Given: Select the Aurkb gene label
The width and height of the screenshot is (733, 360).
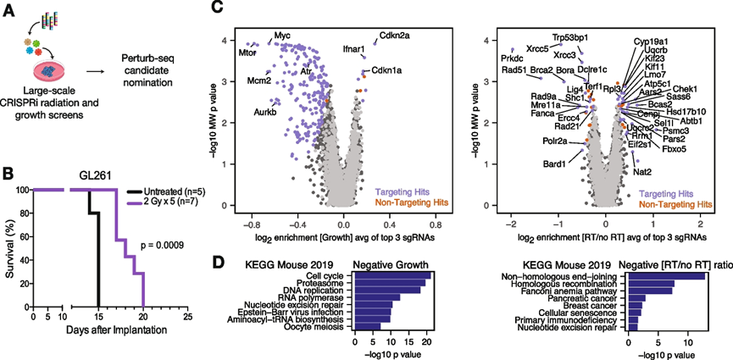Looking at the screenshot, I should [266, 112].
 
